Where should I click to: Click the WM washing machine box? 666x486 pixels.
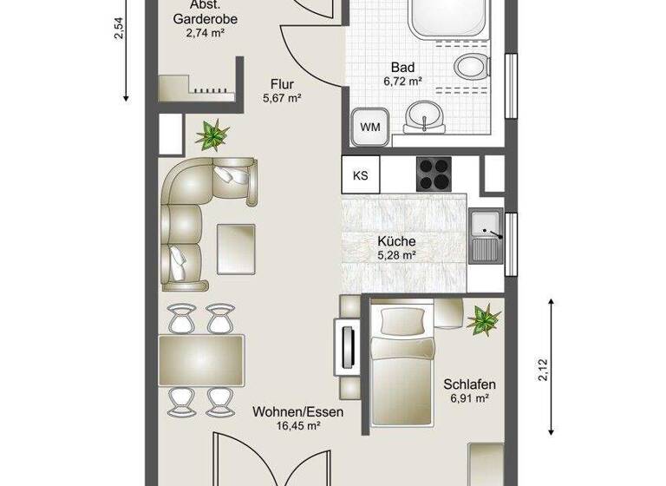(370, 127)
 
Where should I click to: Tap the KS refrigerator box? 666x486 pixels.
(361, 174)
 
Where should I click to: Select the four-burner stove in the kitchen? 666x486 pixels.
(434, 174)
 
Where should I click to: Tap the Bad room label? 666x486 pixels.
(402, 68)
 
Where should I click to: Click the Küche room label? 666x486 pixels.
(396, 242)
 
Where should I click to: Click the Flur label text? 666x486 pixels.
(282, 84)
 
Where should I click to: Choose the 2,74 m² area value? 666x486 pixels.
(206, 33)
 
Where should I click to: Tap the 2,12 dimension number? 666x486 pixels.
(544, 370)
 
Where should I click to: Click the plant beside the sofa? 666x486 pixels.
(212, 135)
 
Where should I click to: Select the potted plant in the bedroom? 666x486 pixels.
(484, 319)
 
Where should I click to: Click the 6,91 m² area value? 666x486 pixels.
(469, 398)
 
